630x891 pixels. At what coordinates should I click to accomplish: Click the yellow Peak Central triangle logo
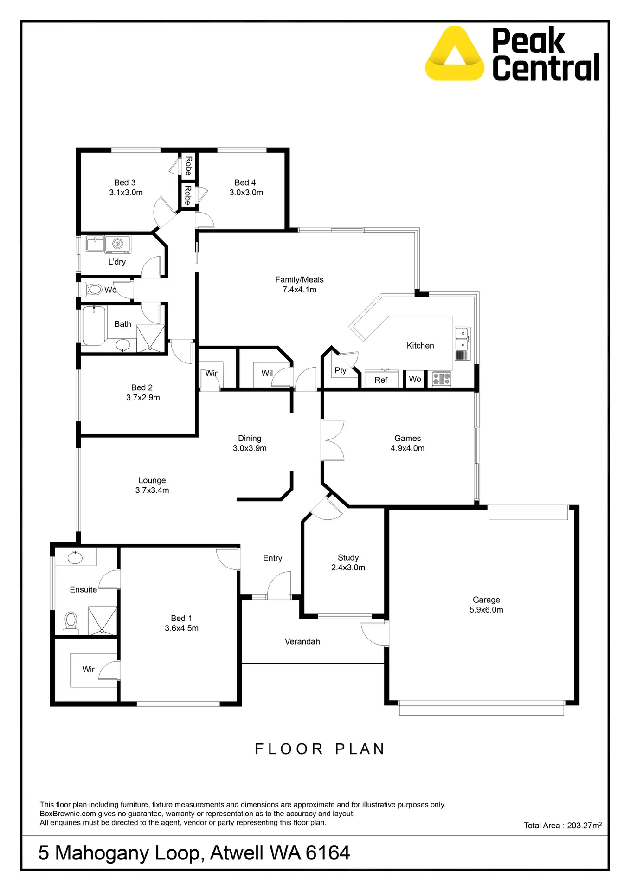(454, 55)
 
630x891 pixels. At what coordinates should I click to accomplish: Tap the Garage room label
(486, 600)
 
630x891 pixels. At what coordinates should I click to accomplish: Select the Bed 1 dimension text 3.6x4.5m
(181, 628)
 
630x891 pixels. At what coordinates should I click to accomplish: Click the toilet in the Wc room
(94, 290)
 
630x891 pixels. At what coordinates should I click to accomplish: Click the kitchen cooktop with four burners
(441, 379)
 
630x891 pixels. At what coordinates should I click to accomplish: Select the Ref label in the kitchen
(381, 380)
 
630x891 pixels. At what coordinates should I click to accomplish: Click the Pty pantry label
(340, 370)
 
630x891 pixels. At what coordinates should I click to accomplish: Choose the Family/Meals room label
(299, 279)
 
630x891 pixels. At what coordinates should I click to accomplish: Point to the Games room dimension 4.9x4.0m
(407, 448)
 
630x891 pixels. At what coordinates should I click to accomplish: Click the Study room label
(348, 557)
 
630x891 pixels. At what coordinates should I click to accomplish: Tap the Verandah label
(302, 641)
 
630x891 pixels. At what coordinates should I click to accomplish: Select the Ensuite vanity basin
(75, 557)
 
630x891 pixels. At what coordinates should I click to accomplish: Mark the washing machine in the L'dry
(118, 244)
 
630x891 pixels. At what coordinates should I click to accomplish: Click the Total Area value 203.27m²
(584, 826)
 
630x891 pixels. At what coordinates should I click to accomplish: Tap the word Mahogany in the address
(128, 853)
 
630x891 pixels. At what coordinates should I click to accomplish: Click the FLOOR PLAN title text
(320, 749)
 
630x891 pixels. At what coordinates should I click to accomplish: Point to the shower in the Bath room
(151, 339)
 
